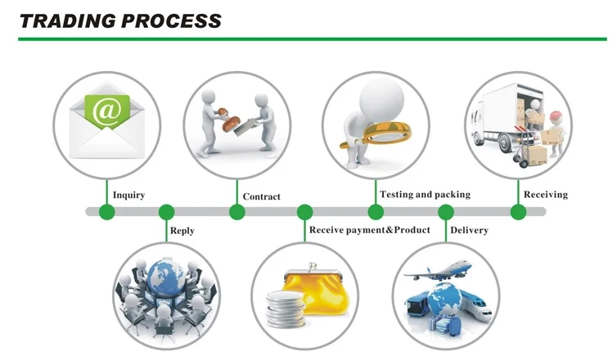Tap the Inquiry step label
coord(128,195)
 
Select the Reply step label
coord(182,231)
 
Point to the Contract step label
coord(261,196)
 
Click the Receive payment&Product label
coord(369,230)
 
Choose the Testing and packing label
coord(425,195)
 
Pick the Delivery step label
coord(469,231)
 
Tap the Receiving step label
coord(545,195)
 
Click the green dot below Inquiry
coord(106,212)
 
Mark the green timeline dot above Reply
coord(166,212)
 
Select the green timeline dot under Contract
coord(236,212)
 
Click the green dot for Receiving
coord(518,212)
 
